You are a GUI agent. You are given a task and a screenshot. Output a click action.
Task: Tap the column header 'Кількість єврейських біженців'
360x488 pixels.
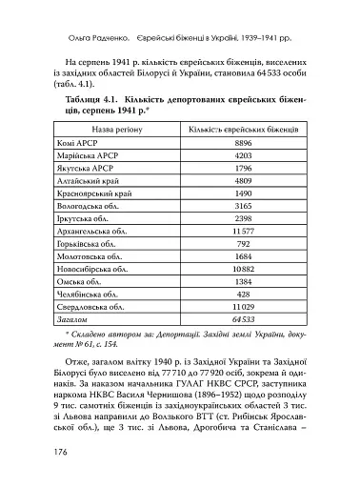tap(242, 127)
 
